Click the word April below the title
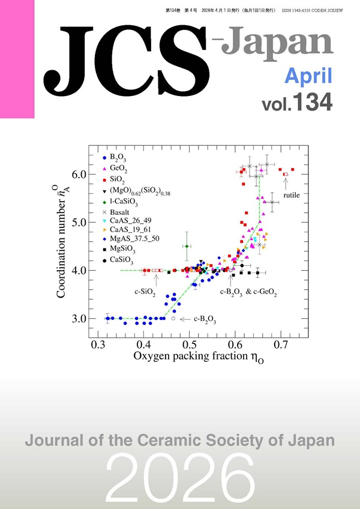[308, 76]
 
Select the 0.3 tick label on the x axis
[98, 346]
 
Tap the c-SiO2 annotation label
[145, 292]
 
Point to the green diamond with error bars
[187, 246]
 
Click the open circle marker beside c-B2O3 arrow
[173, 319]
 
